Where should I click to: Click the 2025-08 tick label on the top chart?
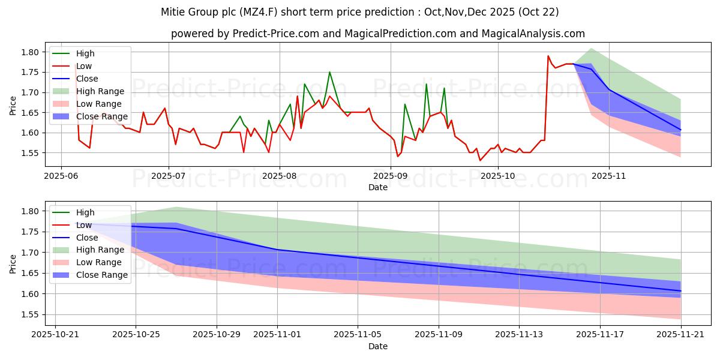pyautogui.click(x=280, y=176)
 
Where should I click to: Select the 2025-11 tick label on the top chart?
pyautogui.click(x=609, y=176)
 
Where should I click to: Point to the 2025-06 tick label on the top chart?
pyautogui.click(x=61, y=176)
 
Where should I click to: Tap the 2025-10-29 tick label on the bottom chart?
pyautogui.click(x=216, y=335)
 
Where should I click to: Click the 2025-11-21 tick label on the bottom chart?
pyautogui.click(x=681, y=335)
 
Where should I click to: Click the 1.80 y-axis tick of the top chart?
pyautogui.click(x=30, y=52)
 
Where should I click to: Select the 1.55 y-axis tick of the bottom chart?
pyautogui.click(x=30, y=314)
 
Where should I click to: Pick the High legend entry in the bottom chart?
pyautogui.click(x=86, y=212)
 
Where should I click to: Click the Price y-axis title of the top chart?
pyautogui.click(x=13, y=105)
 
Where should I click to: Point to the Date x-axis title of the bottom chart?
pyautogui.click(x=378, y=346)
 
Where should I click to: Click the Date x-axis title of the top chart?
pyautogui.click(x=378, y=187)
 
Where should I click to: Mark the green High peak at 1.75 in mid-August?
pyautogui.click(x=329, y=72)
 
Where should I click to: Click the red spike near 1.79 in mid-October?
pyautogui.click(x=548, y=56)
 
